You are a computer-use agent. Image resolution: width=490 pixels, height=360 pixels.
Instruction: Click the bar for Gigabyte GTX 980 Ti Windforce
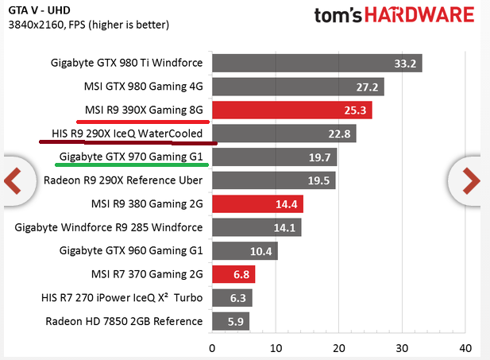click(317, 64)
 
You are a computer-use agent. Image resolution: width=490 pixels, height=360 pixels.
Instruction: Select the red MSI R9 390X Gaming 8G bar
click(292, 110)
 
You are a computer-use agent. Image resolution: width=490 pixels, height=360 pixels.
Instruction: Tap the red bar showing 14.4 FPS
click(257, 204)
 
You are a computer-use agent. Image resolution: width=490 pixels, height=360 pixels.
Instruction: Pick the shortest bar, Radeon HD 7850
click(230, 321)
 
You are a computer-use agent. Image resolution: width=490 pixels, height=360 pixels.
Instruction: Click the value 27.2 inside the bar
click(367, 87)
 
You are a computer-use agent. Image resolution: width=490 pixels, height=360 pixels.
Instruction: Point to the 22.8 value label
click(339, 134)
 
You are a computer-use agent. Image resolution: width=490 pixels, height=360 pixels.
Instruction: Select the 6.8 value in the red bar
click(241, 275)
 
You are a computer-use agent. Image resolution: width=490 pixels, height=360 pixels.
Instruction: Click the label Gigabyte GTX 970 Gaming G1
click(131, 157)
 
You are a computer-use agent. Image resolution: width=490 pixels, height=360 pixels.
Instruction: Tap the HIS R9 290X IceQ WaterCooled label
click(127, 134)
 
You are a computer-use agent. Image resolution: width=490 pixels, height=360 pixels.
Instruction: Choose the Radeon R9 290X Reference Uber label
click(123, 180)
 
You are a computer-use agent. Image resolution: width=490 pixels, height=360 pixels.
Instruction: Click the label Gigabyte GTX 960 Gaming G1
click(131, 251)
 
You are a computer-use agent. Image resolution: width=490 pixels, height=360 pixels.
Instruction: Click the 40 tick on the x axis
click(465, 348)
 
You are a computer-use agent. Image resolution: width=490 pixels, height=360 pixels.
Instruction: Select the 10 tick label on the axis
click(276, 348)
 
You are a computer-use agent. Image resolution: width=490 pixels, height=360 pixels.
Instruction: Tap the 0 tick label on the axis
click(212, 348)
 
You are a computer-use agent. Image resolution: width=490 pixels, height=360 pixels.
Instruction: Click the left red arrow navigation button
click(14, 180)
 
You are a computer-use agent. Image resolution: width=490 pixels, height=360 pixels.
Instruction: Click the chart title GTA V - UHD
click(40, 10)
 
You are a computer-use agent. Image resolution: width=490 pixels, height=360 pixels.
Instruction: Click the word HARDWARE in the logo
click(419, 15)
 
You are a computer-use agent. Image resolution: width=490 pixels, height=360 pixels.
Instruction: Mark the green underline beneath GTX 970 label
click(132, 165)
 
